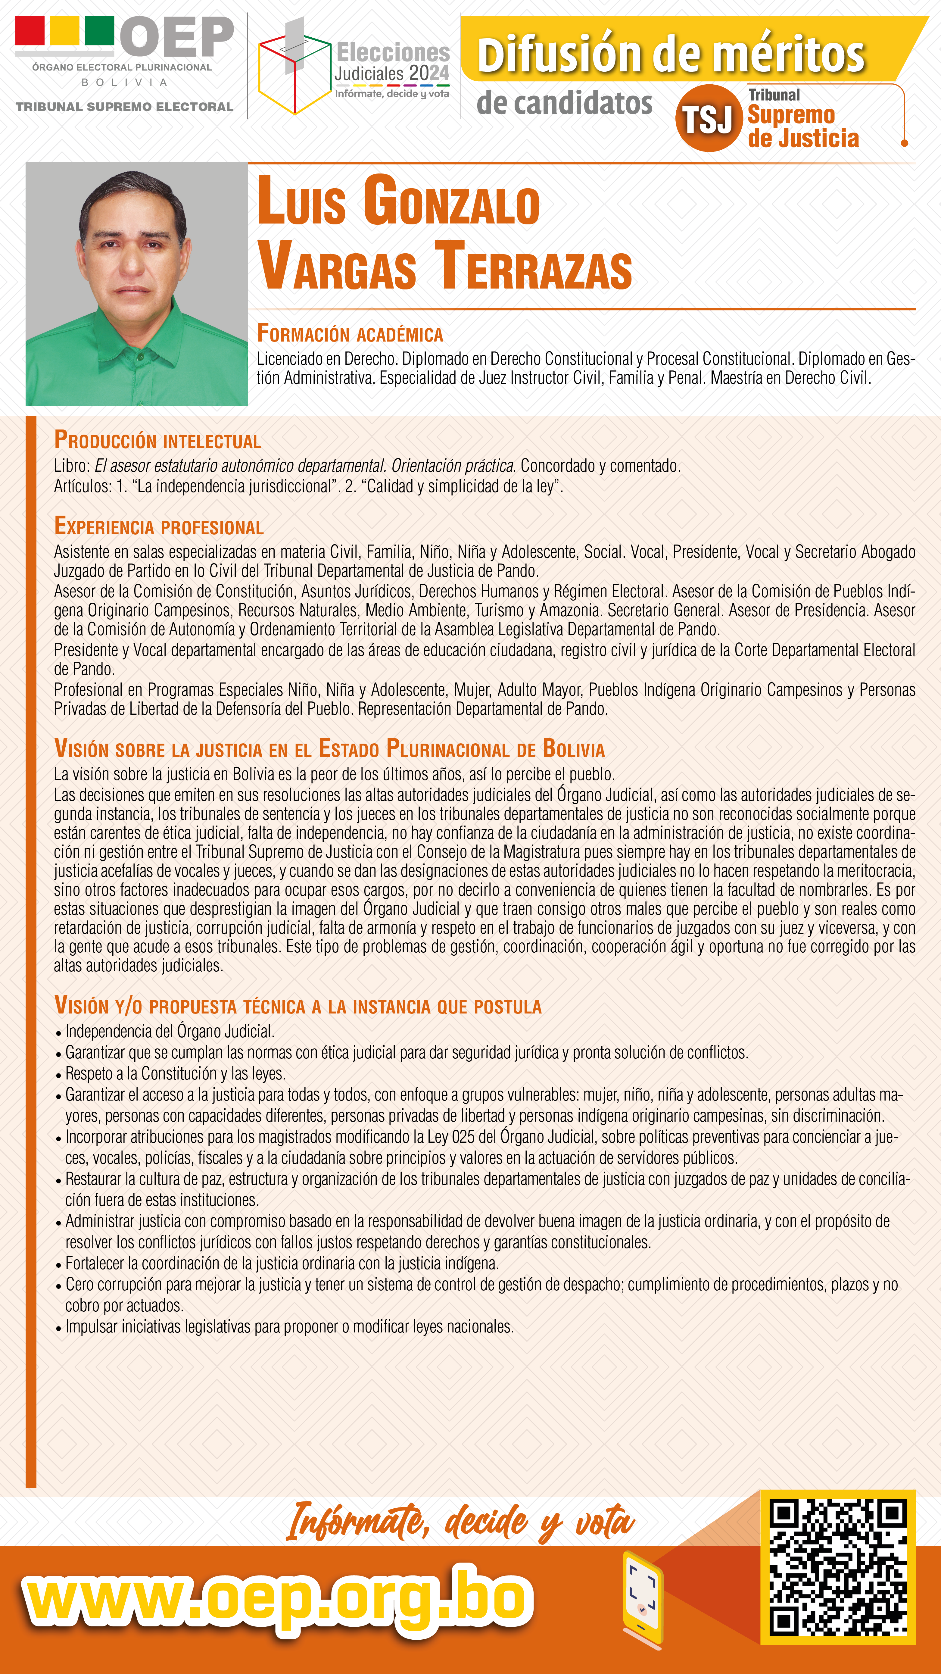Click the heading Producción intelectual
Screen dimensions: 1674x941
click(x=157, y=441)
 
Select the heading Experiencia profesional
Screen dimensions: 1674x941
click(x=159, y=526)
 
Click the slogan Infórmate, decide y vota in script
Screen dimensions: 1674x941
click(x=460, y=1523)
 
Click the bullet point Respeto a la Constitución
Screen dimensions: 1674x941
click(x=176, y=1073)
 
